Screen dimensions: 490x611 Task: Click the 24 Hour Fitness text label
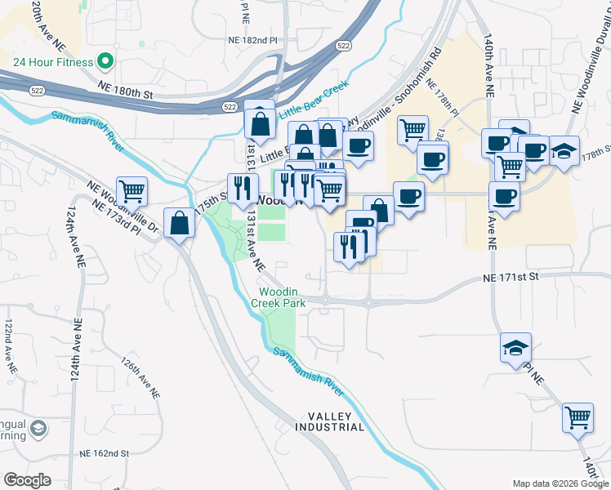tap(51, 61)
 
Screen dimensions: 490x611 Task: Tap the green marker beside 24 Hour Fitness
tap(105, 61)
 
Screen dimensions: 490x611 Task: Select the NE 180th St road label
tap(125, 95)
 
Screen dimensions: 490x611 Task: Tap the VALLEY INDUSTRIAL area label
tap(329, 421)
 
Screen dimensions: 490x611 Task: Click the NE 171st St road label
tap(511, 278)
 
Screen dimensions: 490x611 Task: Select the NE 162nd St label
tap(105, 453)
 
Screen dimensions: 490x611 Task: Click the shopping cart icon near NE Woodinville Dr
tap(132, 191)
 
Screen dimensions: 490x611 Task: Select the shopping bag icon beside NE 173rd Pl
tap(179, 222)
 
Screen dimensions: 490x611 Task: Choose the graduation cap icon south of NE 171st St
tap(515, 347)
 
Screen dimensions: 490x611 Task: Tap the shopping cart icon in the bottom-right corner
tap(578, 417)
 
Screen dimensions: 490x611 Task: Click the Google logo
tap(27, 480)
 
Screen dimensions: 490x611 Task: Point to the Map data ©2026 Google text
tap(560, 483)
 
